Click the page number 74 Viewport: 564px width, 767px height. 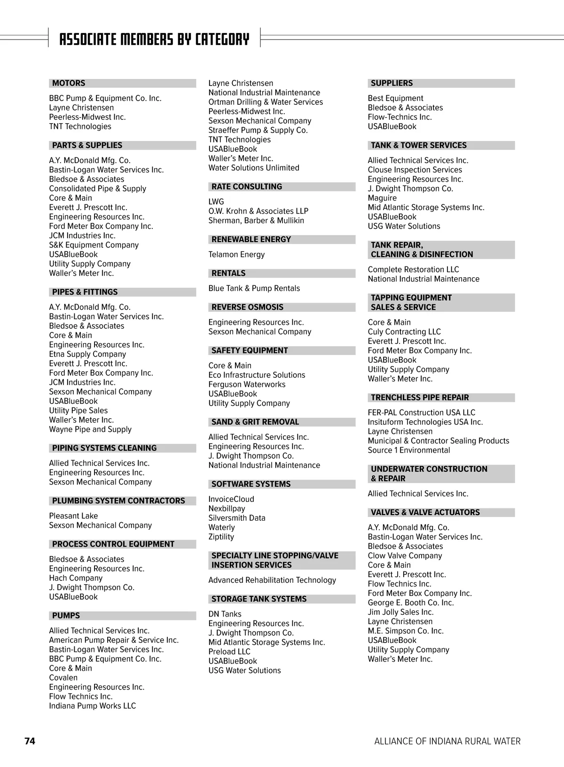[x=30, y=741]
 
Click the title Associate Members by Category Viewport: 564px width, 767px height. [x=154, y=39]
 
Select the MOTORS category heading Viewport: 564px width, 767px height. [x=69, y=83]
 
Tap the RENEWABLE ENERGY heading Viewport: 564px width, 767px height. [x=251, y=239]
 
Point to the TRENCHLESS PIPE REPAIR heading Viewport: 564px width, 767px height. [x=420, y=398]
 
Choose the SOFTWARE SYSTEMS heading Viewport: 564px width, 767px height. [x=251, y=484]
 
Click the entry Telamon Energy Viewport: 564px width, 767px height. [x=236, y=254]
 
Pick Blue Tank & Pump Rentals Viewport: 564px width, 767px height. [x=254, y=288]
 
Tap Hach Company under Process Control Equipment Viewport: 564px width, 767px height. [x=76, y=578]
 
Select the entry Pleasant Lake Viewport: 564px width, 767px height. [x=73, y=516]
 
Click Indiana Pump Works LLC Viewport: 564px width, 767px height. [x=92, y=706]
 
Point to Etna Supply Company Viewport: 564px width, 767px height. [x=87, y=354]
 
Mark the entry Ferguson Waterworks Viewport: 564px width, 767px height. [x=247, y=384]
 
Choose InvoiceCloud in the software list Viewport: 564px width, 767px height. [x=231, y=499]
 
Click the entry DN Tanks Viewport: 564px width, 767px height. [x=225, y=614]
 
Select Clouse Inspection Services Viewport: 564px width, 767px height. [x=415, y=170]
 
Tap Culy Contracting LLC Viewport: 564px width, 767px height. [x=404, y=332]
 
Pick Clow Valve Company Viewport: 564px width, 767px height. [x=405, y=556]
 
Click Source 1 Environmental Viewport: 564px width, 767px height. [x=408, y=450]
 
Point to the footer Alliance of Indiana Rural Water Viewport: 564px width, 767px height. [x=447, y=741]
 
